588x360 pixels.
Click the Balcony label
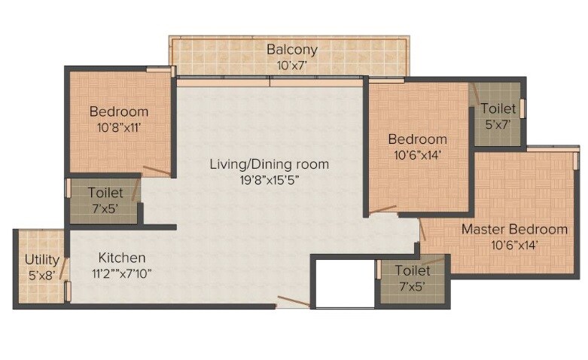pos(292,50)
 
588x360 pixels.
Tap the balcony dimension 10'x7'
pos(292,66)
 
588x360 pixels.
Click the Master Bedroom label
pos(514,229)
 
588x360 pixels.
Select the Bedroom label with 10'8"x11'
pos(119,112)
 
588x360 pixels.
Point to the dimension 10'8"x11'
pos(119,127)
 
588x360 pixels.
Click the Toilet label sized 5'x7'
pos(498,108)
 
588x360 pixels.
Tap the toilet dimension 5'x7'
pos(498,124)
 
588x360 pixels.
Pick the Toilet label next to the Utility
pos(105,193)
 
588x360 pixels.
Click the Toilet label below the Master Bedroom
pos(412,270)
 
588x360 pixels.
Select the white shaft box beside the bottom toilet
pos(344,284)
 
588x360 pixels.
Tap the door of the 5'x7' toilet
pos(474,94)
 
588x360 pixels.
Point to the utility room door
pos(64,268)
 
